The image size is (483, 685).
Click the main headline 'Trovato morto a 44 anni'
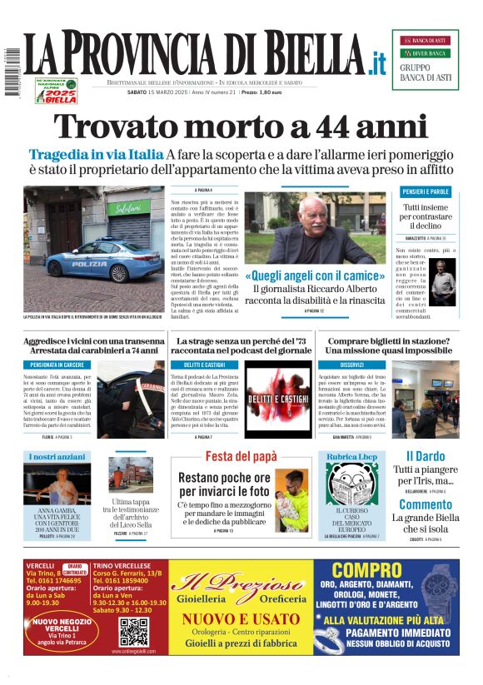point(241,127)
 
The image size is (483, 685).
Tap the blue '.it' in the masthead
point(378,62)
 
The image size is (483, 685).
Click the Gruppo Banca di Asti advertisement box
point(425,59)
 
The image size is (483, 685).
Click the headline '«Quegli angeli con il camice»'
point(314,275)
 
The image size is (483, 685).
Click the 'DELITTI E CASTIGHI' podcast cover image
point(277,399)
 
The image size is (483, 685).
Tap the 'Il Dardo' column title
point(425,456)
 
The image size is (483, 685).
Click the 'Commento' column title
point(425,504)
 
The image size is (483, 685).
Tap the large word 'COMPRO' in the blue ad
point(366,570)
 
